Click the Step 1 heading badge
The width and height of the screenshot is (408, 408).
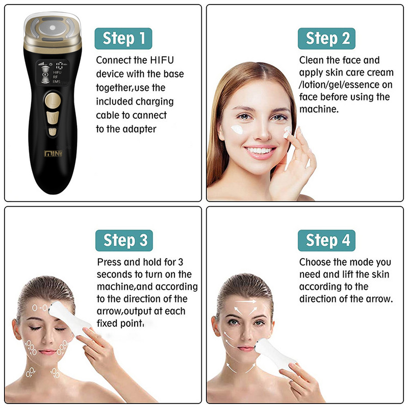click(x=123, y=38)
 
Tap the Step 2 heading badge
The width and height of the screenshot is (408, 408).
click(x=327, y=38)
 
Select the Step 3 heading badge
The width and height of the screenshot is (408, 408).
click(x=124, y=240)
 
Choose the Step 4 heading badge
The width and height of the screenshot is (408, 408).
click(x=327, y=240)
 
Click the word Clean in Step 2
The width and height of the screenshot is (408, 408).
click(x=312, y=60)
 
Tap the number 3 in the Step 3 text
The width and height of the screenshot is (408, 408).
click(x=181, y=262)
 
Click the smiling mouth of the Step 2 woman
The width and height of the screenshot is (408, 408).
click(x=260, y=151)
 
